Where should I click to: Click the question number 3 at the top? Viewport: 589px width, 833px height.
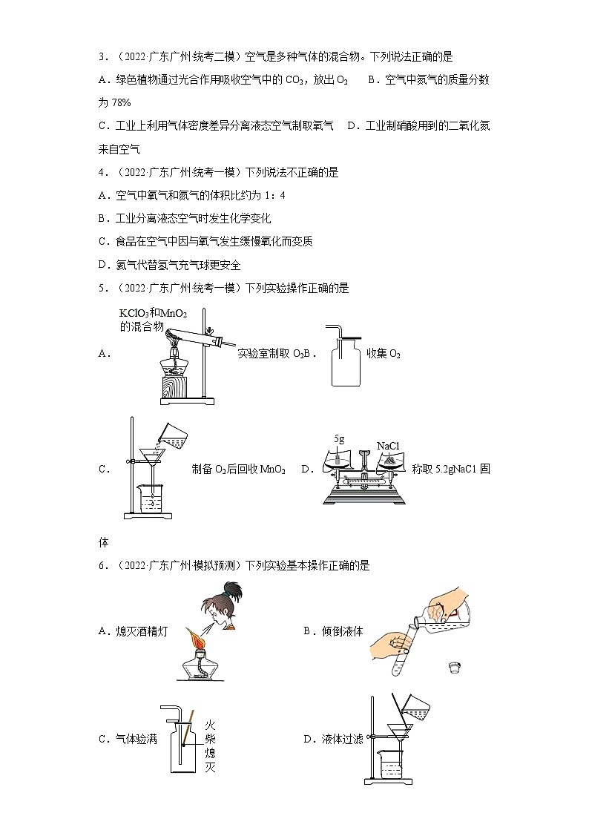[102, 56]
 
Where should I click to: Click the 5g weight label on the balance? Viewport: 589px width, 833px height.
[340, 439]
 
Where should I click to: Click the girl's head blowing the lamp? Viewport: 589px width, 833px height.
[223, 605]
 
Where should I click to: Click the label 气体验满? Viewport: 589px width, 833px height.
[136, 739]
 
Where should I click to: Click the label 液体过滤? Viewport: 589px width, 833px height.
[343, 739]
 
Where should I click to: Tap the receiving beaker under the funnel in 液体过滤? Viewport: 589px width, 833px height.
[391, 764]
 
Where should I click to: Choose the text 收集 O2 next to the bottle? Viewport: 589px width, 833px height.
[384, 354]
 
